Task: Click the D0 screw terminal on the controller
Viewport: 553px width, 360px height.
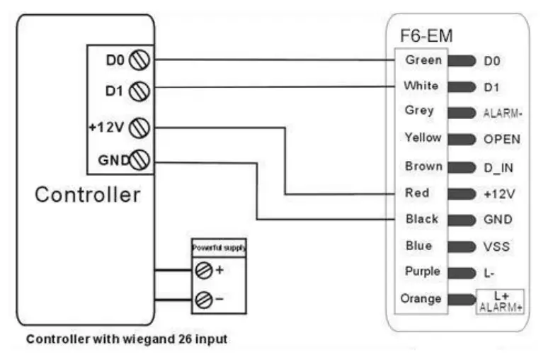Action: [x=138, y=61]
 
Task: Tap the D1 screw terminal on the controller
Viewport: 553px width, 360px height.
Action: [x=139, y=91]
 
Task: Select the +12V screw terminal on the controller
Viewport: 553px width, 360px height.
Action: [x=139, y=128]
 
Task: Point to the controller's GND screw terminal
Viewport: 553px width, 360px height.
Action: [x=139, y=161]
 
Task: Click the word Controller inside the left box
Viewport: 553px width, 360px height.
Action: [x=88, y=195]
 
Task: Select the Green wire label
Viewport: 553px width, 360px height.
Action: [x=423, y=60]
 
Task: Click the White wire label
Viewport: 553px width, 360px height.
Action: [x=421, y=86]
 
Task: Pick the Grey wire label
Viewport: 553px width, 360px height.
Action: [x=420, y=111]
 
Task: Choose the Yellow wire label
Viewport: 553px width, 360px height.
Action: [x=422, y=137]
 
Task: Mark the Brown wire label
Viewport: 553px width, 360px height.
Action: [x=423, y=167]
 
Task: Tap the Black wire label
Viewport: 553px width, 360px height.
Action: [x=421, y=219]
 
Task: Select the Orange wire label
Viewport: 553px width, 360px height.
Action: [x=421, y=299]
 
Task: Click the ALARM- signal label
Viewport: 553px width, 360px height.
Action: [x=503, y=113]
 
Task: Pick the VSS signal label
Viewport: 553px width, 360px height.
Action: [x=496, y=247]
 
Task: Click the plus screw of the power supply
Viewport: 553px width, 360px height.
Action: [x=204, y=270]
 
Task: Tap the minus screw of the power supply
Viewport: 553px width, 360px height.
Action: [x=204, y=299]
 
